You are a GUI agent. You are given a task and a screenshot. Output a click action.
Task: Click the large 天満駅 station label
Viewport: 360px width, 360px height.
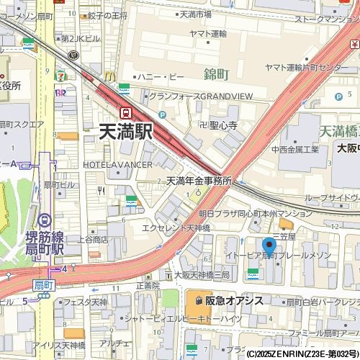coord(125,132)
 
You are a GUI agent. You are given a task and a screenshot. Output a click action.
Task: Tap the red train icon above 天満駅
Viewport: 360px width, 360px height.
coord(125,113)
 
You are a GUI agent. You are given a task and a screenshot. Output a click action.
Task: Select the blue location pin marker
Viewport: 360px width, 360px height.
coord(269,247)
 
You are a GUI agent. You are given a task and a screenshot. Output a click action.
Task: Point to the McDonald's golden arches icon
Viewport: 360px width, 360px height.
coord(109,76)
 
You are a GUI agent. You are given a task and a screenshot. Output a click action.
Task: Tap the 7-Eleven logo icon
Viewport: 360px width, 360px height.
coord(63,74)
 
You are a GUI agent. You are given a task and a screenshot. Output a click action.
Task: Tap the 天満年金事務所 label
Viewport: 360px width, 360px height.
coord(198,181)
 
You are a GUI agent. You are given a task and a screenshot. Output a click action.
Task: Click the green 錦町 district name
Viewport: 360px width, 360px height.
coord(216,74)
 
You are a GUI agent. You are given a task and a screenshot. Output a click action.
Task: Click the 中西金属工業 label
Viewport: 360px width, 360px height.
coord(294,150)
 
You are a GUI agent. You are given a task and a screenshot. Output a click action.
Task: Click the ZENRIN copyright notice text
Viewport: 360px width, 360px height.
coord(302,354)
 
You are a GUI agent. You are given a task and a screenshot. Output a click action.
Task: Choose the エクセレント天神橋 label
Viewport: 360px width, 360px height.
coord(176,228)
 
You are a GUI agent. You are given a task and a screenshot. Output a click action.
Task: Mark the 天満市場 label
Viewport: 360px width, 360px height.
coord(195,14)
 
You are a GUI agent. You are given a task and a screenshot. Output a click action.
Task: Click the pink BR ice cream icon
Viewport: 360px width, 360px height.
coord(61,93)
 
